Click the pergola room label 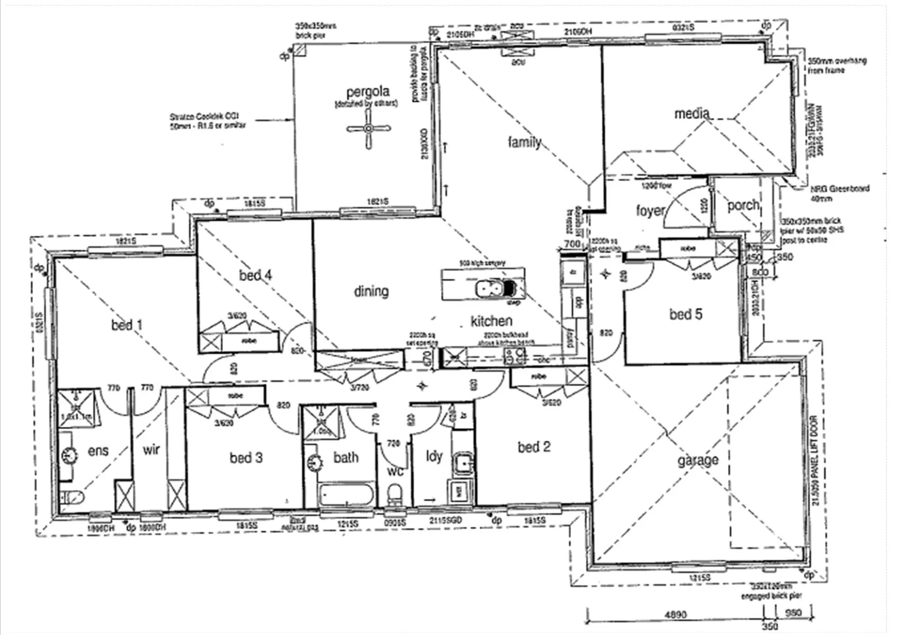tap(368, 92)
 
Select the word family tap(524, 142)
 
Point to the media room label tap(692, 113)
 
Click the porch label tap(743, 205)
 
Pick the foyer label tap(650, 210)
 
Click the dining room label tap(371, 291)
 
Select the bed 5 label tap(685, 314)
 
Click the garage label tap(698, 460)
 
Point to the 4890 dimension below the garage tap(675, 615)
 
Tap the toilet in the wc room tap(396, 494)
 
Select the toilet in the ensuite tap(73, 497)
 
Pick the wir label tap(151, 450)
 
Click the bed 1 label tap(127, 325)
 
